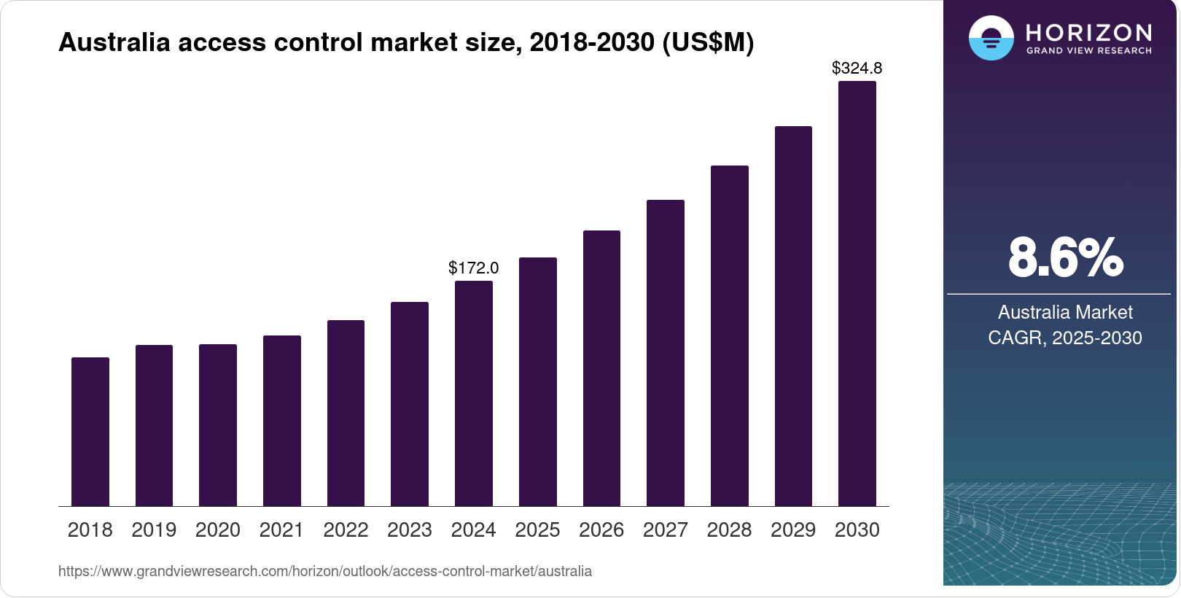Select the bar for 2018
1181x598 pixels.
[x=90, y=432]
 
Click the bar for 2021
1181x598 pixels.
[x=282, y=421]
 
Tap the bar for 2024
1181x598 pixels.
[x=474, y=394]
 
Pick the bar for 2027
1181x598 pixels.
[x=666, y=353]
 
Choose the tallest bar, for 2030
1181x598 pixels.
[x=857, y=294]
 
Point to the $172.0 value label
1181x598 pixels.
[x=474, y=268]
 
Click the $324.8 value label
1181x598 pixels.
[x=857, y=68]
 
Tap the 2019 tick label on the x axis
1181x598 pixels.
[x=154, y=529]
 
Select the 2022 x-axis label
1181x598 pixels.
[x=346, y=529]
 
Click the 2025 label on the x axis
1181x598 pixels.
[x=537, y=529]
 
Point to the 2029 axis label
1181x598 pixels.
[x=793, y=529]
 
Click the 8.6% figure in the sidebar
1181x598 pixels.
[x=1065, y=257]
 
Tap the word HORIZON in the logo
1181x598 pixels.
[x=1089, y=33]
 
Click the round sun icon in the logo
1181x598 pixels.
[x=991, y=38]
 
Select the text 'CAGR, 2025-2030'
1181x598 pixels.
[x=1065, y=338]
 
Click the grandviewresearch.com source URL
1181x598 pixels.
[x=325, y=571]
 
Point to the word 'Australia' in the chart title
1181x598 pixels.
[x=114, y=42]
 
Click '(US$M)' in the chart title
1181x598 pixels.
[x=708, y=42]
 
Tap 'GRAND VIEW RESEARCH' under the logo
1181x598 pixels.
[x=1089, y=51]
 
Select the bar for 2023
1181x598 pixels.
[x=410, y=404]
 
